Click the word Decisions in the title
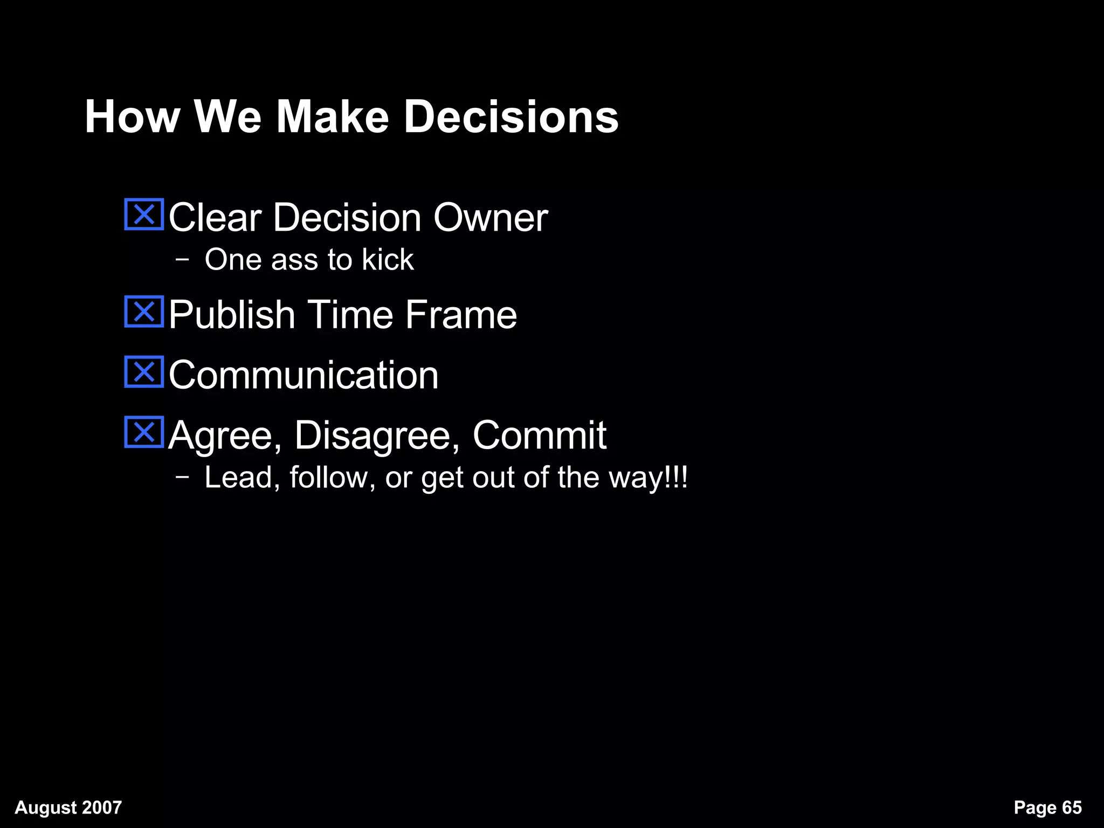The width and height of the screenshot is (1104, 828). (511, 117)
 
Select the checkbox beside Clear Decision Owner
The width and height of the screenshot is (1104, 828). (144, 215)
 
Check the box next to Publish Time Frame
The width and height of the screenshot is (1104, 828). (144, 312)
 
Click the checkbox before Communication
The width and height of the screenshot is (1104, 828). (144, 372)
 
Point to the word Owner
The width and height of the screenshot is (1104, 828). (491, 218)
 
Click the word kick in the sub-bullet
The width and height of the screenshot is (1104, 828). (388, 259)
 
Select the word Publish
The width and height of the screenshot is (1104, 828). (232, 315)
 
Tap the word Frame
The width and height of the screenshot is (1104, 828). (461, 315)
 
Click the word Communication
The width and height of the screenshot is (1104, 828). (303, 375)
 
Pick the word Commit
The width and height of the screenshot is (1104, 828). (539, 436)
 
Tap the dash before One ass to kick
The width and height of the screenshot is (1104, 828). (182, 259)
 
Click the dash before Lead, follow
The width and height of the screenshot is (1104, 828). (182, 477)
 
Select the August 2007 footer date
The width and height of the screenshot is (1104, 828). (68, 808)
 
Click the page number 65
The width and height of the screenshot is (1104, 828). (1072, 808)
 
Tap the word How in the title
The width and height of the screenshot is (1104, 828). (132, 117)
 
